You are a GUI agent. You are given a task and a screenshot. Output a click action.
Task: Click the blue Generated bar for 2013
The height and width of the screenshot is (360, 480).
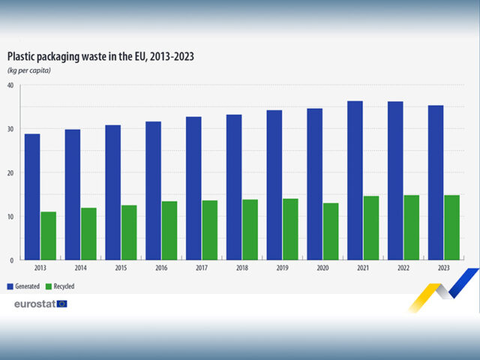pyautogui.click(x=32, y=196)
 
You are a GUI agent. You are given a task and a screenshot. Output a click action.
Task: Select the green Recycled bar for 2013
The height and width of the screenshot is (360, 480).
pyautogui.click(x=49, y=235)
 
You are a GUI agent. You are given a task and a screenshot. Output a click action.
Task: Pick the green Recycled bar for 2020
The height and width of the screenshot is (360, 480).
pyautogui.click(x=331, y=231)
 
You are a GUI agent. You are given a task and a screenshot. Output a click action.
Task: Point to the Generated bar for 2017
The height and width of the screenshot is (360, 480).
pyautogui.click(x=193, y=188)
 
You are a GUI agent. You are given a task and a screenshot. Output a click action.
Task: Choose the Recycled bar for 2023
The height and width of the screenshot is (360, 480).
pyautogui.click(x=452, y=227)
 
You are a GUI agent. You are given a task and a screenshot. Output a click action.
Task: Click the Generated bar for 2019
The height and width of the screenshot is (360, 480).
pyautogui.click(x=274, y=184)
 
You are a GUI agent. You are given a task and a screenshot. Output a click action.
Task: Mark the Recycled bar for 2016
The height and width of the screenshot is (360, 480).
pyautogui.click(x=169, y=230)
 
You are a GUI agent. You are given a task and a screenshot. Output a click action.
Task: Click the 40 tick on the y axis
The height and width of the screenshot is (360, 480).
pyautogui.click(x=10, y=85)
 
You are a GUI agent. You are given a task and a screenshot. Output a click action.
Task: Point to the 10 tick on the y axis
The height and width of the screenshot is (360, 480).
pyautogui.click(x=10, y=217)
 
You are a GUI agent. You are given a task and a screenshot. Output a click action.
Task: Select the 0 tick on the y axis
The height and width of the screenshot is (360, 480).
pyautogui.click(x=12, y=260)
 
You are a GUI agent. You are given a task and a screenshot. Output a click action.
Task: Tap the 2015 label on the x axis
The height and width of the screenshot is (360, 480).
pyautogui.click(x=121, y=268)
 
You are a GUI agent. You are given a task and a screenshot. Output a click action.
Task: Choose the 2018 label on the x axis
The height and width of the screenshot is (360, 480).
pyautogui.click(x=242, y=268)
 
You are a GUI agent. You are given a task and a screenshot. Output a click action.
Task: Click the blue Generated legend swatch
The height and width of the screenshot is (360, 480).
pyautogui.click(x=10, y=286)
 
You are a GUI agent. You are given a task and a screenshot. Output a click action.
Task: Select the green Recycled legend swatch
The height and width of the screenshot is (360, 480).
pyautogui.click(x=49, y=286)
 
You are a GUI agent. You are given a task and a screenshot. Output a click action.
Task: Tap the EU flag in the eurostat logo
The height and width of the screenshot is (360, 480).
pyautogui.click(x=61, y=304)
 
